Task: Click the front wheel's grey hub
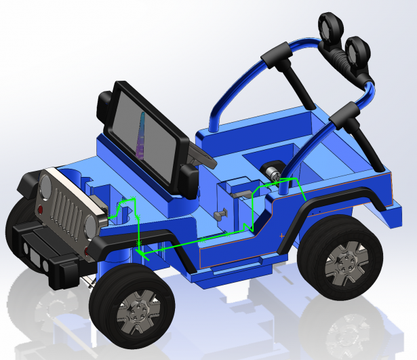coord(138,313)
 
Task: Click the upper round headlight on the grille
coord(47,186)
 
